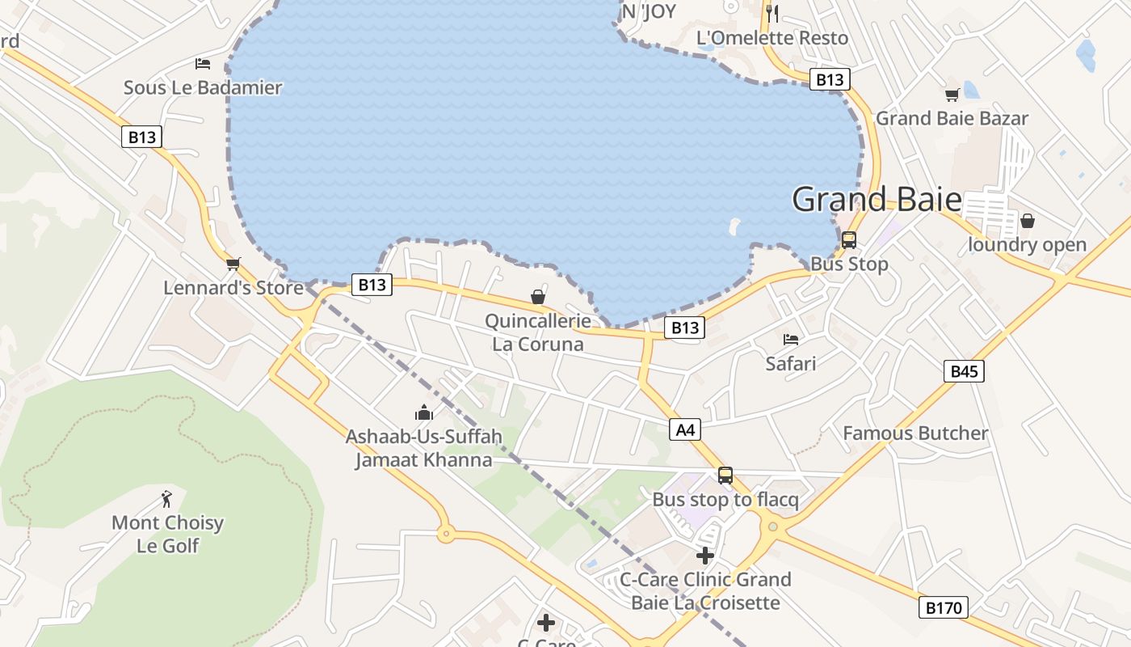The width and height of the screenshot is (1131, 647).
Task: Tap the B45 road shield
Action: (x=964, y=371)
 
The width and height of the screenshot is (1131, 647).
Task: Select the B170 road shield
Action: (x=944, y=607)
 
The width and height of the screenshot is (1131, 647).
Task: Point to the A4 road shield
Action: (x=685, y=429)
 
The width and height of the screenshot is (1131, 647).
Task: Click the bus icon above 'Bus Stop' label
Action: (x=848, y=240)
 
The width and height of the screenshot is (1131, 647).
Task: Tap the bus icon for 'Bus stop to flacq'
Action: (x=725, y=476)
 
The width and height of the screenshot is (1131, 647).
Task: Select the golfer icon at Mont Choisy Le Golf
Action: (x=167, y=498)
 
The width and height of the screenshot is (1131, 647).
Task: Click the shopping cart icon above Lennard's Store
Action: (x=233, y=264)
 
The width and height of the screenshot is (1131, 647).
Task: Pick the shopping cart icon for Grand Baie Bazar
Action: (x=952, y=95)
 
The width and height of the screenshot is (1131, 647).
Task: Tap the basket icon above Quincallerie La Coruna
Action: (x=538, y=298)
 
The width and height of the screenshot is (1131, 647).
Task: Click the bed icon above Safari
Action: (x=791, y=340)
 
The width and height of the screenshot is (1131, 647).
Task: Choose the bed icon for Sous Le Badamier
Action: (x=202, y=64)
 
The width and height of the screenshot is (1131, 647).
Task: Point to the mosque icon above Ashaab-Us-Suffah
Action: (x=424, y=413)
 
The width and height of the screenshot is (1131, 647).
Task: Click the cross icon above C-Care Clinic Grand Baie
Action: (x=705, y=556)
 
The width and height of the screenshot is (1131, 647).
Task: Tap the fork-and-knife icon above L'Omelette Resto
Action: (x=772, y=12)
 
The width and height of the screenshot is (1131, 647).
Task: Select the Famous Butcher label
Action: (x=915, y=433)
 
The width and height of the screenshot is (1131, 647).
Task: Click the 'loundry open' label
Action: (x=1027, y=245)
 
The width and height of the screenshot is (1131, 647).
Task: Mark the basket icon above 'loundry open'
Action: (x=1027, y=221)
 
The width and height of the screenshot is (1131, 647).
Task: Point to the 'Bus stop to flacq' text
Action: (x=725, y=500)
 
